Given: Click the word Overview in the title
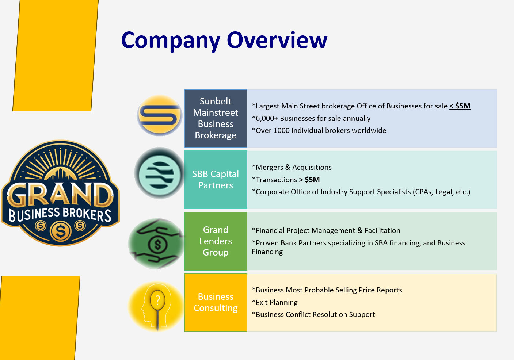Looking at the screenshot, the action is coord(277,40).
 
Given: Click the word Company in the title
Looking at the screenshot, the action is coord(171,41).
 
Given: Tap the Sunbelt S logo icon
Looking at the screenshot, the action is coord(160,115).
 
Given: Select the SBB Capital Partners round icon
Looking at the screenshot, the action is coord(160,173).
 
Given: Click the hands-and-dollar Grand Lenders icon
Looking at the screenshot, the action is coord(156,244).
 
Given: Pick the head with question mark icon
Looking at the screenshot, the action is coord(156,306).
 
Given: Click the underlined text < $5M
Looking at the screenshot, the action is coord(460,106).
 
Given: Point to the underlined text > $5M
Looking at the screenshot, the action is coord(309,180).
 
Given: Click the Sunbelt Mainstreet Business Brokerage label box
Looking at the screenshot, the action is coord(216,118).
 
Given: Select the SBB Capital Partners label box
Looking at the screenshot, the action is coord(216,180).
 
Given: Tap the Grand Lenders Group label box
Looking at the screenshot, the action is coord(216,241).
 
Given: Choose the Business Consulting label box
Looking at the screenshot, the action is coord(216,303).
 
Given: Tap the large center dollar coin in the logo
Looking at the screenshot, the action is coord(61,231).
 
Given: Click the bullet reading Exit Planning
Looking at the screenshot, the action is coord(275,302).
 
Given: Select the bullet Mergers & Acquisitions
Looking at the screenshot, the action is coord(292,167).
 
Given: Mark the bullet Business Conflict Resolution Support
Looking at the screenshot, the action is coord(313,314).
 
